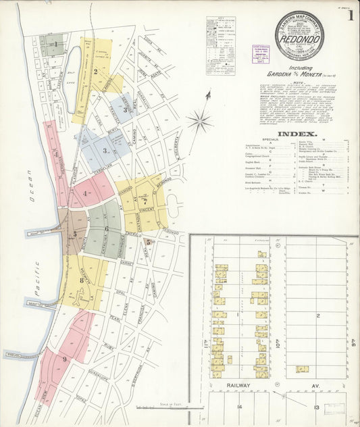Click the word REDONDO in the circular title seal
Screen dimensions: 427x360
point(301,40)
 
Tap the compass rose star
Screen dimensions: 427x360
point(200,122)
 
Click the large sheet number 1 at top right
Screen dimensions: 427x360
point(350,16)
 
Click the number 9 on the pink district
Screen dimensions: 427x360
point(64,359)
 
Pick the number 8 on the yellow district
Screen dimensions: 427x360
point(81,280)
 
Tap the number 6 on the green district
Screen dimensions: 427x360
point(106,229)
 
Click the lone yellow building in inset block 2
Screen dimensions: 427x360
point(302,369)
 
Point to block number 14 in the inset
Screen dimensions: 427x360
point(238,407)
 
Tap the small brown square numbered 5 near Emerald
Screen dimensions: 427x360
point(148,242)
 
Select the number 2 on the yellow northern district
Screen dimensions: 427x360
point(96,70)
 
